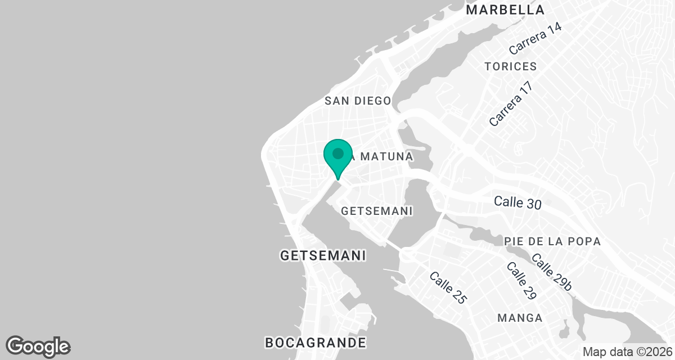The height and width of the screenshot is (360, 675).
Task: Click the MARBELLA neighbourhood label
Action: (506, 10)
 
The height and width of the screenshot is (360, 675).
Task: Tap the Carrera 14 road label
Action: (535, 39)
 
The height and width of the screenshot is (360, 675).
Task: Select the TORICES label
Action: (510, 66)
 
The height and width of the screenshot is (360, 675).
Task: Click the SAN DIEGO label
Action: (358, 101)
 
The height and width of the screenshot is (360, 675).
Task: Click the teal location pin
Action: (337, 157)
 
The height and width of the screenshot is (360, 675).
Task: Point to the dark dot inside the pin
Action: (337, 153)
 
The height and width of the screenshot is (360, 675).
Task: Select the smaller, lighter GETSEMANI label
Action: (377, 211)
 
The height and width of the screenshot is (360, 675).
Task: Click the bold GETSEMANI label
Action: (323, 255)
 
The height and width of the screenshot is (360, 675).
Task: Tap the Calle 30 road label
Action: (517, 202)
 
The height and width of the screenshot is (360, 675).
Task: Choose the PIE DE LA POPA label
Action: (552, 241)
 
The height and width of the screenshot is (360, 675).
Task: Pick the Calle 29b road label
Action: (551, 273)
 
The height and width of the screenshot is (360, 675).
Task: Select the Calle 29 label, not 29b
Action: (521, 280)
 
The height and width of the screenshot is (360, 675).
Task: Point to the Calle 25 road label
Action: (448, 288)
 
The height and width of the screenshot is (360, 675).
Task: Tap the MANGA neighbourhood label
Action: (520, 318)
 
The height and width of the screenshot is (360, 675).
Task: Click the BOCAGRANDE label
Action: (315, 342)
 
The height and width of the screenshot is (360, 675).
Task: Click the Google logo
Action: (38, 346)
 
